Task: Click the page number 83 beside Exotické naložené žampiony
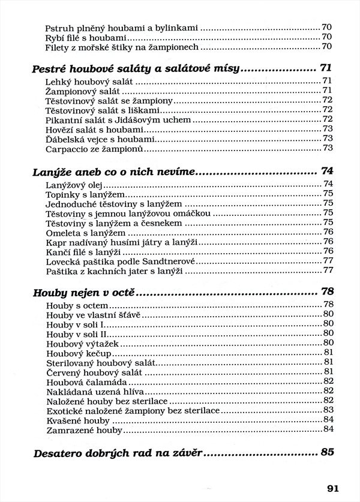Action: point(328,410)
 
